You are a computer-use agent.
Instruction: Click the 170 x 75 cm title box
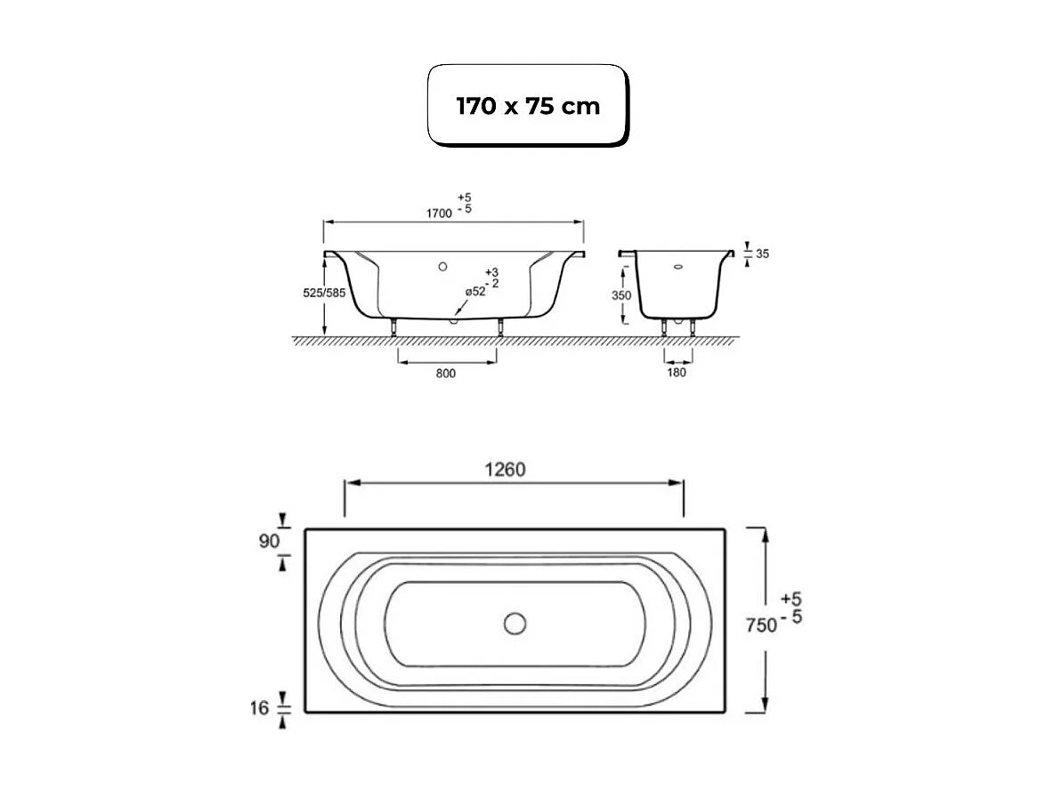(x=528, y=105)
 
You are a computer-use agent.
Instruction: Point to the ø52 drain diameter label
(x=475, y=292)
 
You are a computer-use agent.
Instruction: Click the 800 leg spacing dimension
(x=446, y=373)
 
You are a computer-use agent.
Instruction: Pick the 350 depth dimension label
(x=621, y=295)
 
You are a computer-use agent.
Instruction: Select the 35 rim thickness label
(x=762, y=254)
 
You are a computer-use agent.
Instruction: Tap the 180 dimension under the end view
(x=677, y=373)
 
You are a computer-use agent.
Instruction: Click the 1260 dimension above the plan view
(x=506, y=470)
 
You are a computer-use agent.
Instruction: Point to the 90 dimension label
(x=269, y=541)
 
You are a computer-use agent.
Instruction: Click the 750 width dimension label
(x=760, y=625)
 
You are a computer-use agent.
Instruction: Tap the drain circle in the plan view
(x=515, y=624)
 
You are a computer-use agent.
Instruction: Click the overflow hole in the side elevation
(x=442, y=265)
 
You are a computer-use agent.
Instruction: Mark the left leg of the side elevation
(x=393, y=326)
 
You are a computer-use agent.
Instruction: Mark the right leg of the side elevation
(x=500, y=326)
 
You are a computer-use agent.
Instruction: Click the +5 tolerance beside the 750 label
(x=790, y=599)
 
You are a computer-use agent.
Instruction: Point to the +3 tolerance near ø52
(x=491, y=271)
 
